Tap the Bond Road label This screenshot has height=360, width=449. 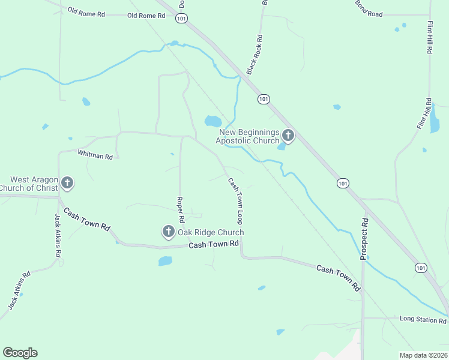click(x=369, y=8)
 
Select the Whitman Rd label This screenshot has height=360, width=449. click(x=95, y=155)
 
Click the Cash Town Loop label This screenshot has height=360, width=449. click(x=235, y=200)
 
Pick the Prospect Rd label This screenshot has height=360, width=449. click(x=364, y=239)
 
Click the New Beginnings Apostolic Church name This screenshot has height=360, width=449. click(x=249, y=136)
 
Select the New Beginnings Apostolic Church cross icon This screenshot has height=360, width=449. click(x=288, y=136)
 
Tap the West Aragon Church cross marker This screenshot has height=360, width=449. click(x=67, y=182)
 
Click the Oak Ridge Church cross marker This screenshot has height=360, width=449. click(x=168, y=231)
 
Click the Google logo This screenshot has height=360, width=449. click(x=20, y=353)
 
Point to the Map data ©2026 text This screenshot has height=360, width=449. click(x=423, y=355)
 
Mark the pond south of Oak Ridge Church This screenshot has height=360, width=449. click(x=165, y=261)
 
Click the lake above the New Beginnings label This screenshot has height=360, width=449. click(x=213, y=121)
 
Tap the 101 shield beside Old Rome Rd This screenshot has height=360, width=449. click(x=182, y=19)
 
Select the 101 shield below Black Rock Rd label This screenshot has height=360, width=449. click(x=264, y=98)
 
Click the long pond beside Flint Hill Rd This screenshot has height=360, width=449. click(x=434, y=122)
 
